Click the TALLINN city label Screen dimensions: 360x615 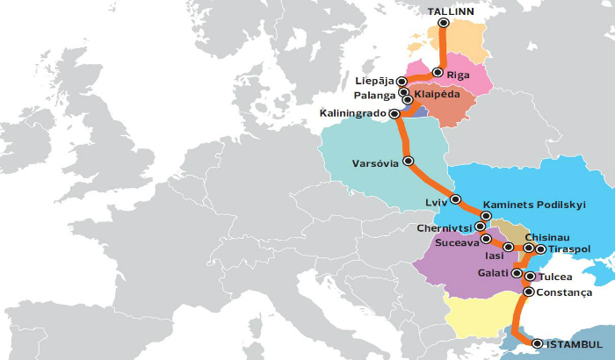tap(451, 11)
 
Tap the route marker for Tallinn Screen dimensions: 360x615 tap(444, 23)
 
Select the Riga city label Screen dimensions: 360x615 tap(459, 75)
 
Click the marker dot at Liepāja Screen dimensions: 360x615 tap(402, 82)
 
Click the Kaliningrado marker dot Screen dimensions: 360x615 tap(394, 113)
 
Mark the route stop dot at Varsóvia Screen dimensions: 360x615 tap(408, 161)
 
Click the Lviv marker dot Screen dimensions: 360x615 tap(455, 198)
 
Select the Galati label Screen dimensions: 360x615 tap(493, 273)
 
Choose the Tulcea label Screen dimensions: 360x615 tap(554, 277)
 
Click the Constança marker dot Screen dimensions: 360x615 tap(528, 292)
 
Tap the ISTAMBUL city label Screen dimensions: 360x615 tap(575, 342)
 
